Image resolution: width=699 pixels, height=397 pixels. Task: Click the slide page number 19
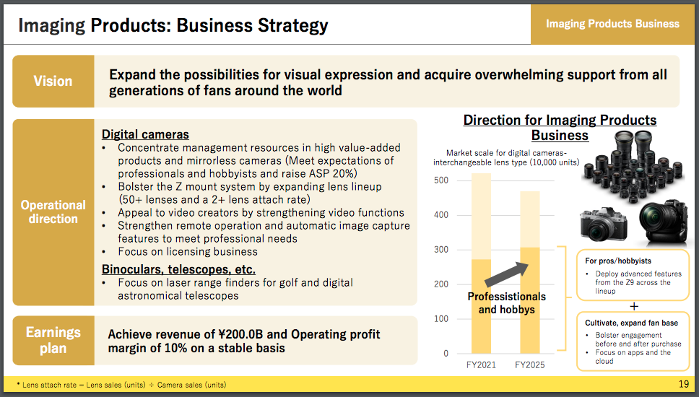[683, 383]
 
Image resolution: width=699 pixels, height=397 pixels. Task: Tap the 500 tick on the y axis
[441, 180]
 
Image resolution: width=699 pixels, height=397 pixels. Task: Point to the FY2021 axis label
[481, 365]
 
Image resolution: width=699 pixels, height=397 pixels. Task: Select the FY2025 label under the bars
[529, 365]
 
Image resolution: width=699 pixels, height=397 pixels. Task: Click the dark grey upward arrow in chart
[506, 274]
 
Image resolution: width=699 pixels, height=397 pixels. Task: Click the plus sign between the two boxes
[634, 306]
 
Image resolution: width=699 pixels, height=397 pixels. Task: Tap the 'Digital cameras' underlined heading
[145, 134]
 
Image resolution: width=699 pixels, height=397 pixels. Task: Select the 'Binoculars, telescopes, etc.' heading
[178, 269]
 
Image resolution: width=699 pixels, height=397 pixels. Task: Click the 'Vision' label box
[53, 81]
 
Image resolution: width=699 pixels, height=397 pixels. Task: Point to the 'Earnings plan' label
[53, 340]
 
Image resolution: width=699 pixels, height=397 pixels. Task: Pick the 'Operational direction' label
[53, 211]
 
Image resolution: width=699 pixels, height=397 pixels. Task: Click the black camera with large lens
[663, 222]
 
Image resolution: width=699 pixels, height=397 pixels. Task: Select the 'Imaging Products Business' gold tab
[612, 24]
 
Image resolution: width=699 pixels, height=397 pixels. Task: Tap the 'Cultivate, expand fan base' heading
[631, 323]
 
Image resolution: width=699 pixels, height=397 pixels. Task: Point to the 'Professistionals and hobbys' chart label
[506, 303]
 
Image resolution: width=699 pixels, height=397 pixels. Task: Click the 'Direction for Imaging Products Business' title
[560, 128]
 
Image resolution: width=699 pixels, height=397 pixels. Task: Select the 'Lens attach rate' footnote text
[49, 385]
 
